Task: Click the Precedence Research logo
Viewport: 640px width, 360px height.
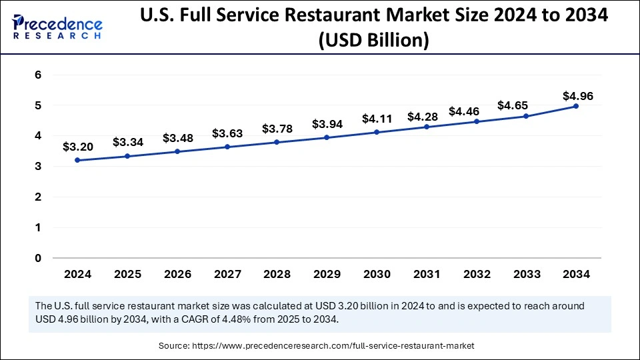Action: [x=57, y=25]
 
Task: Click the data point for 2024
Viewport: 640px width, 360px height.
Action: [x=78, y=160]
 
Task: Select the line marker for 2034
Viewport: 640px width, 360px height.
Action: [x=576, y=106]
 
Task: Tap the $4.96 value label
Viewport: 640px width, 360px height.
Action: [x=576, y=96]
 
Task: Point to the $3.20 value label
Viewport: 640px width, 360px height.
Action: [x=78, y=147]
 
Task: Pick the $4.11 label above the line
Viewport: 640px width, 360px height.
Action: [x=377, y=119]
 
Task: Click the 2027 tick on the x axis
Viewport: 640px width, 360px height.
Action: [x=227, y=274]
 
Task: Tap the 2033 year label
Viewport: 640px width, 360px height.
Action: [x=526, y=274]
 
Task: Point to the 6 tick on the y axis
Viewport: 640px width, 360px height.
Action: [x=38, y=75]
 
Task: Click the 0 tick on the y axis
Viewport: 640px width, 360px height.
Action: [x=38, y=258]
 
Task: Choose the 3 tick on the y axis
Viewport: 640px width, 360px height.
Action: [x=38, y=167]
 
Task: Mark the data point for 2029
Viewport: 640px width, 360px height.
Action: [x=327, y=137]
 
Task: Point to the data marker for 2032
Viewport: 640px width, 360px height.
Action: [x=476, y=121]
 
